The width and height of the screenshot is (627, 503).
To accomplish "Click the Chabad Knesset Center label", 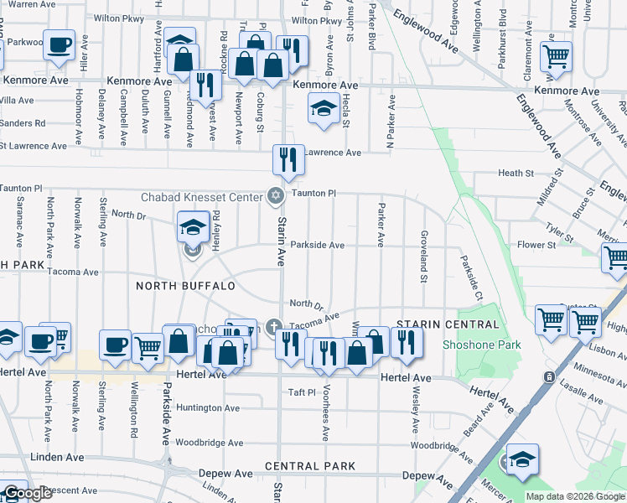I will click(x=201, y=196).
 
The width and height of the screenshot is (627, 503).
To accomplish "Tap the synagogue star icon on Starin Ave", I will click(x=274, y=195).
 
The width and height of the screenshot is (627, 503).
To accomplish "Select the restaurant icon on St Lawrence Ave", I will click(x=288, y=159).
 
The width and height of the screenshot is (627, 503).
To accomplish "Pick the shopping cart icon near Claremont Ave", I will click(x=555, y=58).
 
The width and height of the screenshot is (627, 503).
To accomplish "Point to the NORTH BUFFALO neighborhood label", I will click(x=186, y=286).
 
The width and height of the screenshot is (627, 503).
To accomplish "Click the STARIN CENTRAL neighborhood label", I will click(x=436, y=324).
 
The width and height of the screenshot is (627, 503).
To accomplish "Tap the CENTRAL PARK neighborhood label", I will click(x=305, y=465).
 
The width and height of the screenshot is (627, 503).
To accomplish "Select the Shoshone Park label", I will click(x=482, y=345).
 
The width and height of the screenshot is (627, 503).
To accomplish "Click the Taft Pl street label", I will click(x=301, y=392).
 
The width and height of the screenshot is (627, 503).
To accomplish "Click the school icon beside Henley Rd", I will click(x=193, y=226).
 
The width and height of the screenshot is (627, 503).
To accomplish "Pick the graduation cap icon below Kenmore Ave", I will click(x=323, y=108).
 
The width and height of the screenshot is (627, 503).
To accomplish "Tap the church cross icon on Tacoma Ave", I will click(x=272, y=326).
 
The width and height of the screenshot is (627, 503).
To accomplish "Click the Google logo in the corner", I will click(x=27, y=493).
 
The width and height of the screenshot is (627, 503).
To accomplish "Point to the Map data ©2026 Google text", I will click(x=573, y=496).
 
